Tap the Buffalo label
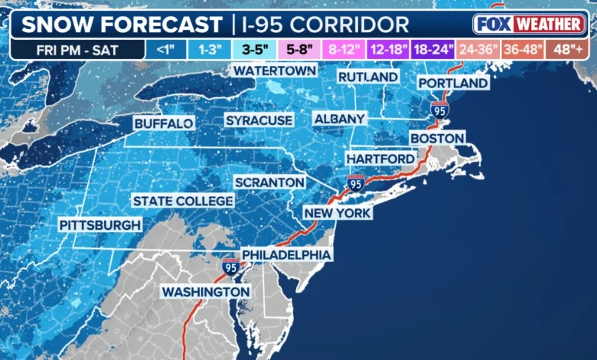coord(163,123)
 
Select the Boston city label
coord(437,138)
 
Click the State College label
coord(183,201)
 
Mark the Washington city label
coord(205,292)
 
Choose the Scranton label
coord(269,182)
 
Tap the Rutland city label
coord(368,77)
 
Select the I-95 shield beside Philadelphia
coord(230,266)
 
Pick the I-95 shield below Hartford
coord(355,182)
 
